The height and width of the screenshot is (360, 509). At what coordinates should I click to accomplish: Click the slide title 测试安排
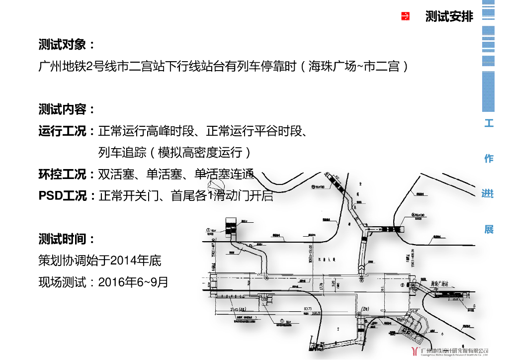tap(449, 16)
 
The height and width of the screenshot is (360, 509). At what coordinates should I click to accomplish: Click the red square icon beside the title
tap(405, 16)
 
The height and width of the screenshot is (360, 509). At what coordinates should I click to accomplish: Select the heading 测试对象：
tap(67, 45)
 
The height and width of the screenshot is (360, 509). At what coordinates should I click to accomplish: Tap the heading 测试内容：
tap(67, 109)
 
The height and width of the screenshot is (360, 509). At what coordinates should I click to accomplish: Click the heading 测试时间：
tap(67, 239)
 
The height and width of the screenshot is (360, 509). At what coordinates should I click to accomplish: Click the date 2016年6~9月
tap(133, 282)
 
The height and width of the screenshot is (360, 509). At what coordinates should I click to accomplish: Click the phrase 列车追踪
tap(122, 153)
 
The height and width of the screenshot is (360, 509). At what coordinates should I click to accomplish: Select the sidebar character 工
tap(489, 123)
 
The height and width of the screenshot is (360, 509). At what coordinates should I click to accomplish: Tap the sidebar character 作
tap(489, 159)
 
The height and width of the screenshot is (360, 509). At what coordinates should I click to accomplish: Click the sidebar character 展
tap(489, 229)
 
